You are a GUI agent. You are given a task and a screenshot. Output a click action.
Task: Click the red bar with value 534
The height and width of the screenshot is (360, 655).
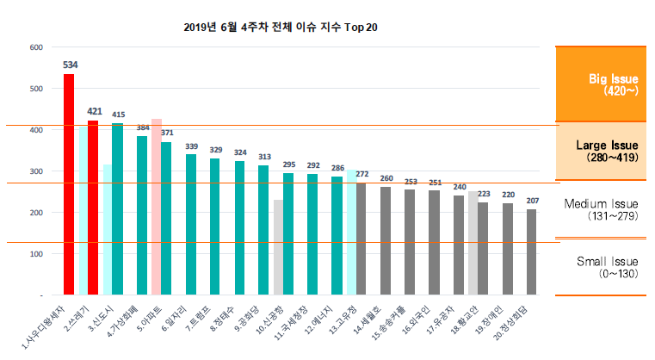(x=69, y=184)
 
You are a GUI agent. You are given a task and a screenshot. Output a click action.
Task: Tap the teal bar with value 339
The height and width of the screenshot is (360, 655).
(x=191, y=224)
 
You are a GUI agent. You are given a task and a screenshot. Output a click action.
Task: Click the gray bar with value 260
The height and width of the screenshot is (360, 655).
(x=386, y=240)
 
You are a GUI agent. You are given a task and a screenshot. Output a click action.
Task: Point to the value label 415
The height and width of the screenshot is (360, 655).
(x=118, y=115)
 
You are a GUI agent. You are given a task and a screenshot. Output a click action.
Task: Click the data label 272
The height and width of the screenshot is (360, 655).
(x=362, y=174)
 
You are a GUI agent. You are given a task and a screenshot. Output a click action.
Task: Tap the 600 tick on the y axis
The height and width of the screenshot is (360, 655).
(x=36, y=47)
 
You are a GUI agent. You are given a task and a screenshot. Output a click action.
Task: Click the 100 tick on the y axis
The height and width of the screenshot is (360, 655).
(x=36, y=254)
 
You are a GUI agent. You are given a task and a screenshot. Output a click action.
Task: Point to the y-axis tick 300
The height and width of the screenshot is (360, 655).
(x=36, y=171)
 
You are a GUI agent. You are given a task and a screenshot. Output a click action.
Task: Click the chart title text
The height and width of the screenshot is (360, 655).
(x=281, y=27)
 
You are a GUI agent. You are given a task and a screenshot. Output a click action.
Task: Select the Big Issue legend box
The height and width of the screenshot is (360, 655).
(x=600, y=84)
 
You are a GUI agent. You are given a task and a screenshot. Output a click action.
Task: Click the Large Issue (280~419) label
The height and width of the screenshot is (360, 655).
(x=601, y=152)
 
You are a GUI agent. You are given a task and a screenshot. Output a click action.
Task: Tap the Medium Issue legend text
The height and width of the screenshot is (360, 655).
(x=601, y=209)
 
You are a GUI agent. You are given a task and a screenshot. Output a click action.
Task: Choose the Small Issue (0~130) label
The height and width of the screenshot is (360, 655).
(x=601, y=266)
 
